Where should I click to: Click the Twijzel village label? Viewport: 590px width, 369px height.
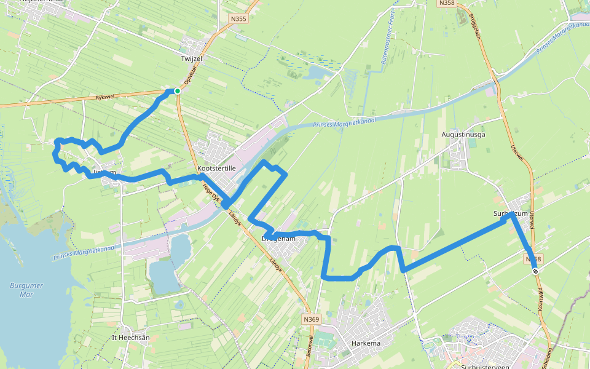[x=192, y=58]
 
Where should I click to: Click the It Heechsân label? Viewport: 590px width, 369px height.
[x=131, y=338]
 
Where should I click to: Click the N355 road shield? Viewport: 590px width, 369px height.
[x=238, y=19]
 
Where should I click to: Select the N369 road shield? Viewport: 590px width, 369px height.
[x=312, y=319]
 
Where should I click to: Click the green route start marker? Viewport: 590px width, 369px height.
[x=177, y=91]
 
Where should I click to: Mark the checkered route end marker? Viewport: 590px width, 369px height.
[x=535, y=271]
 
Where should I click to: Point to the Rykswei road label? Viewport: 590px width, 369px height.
[x=106, y=97]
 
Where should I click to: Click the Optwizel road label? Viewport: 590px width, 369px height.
[x=192, y=76]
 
